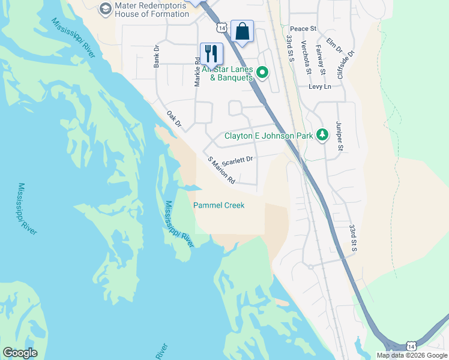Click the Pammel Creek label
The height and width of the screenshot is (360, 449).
218,205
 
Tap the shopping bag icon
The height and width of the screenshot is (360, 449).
242,31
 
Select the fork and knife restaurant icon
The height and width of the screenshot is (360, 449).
211,53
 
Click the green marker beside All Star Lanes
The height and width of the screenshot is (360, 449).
262,73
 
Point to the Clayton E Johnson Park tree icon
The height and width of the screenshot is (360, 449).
323,135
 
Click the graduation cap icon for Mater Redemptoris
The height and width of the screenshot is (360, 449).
106,8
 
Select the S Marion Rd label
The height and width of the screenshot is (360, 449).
221,171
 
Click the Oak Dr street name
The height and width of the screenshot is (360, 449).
173,119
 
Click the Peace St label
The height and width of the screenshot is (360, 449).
303,29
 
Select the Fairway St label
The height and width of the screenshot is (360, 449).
322,63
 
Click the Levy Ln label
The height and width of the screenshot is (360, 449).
320,87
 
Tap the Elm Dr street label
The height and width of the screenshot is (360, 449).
334,46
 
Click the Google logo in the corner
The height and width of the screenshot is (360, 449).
20,353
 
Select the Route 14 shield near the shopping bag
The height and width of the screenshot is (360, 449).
222,28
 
